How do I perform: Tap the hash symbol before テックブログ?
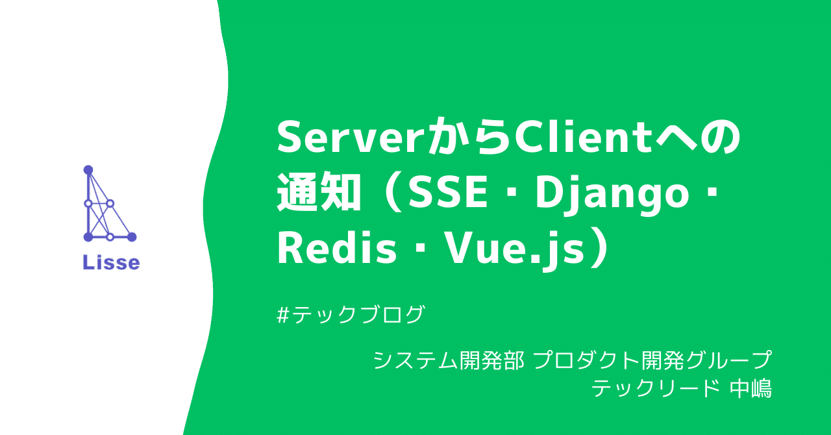pyautogui.click(x=283, y=315)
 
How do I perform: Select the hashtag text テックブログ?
pyautogui.click(x=358, y=315)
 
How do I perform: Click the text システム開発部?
pyautogui.click(x=448, y=360)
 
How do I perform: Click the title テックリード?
pyautogui.click(x=656, y=389)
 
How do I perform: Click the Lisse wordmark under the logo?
pyautogui.click(x=110, y=262)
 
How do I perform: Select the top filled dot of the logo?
pyautogui.click(x=88, y=169)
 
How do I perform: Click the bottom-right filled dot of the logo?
pyautogui.click(x=132, y=237)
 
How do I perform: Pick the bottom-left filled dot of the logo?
pyautogui.click(x=88, y=237)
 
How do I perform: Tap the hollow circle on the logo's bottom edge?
pyautogui.click(x=110, y=237)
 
